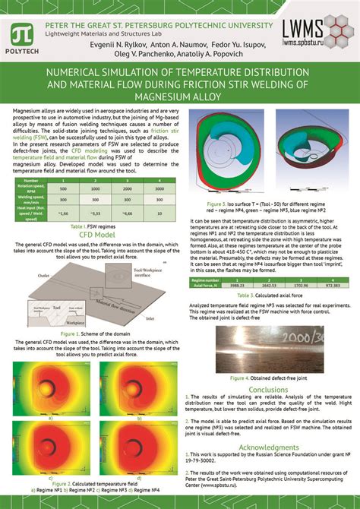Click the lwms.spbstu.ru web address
click(x=310, y=43)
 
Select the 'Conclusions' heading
click(x=268, y=390)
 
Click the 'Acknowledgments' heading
click(x=267, y=447)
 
